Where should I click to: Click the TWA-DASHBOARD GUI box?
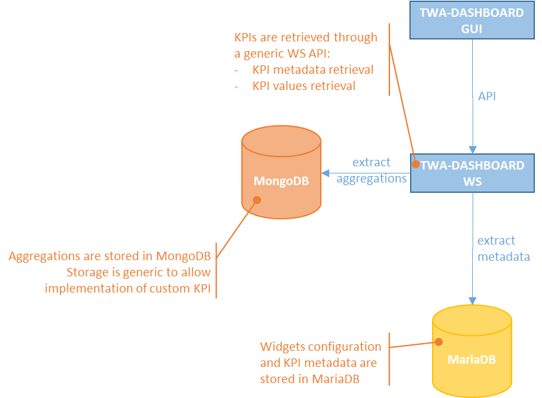(x=472, y=20)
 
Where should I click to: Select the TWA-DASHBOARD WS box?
(x=472, y=173)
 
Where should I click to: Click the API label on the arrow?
(x=487, y=96)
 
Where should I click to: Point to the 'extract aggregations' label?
(x=371, y=171)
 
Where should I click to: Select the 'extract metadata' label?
(x=503, y=249)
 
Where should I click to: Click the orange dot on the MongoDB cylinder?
(x=257, y=200)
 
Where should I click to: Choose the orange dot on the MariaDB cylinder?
(x=439, y=342)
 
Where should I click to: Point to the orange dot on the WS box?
(x=416, y=164)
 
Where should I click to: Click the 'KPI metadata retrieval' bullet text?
(x=313, y=69)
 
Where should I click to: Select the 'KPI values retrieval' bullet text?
(x=304, y=85)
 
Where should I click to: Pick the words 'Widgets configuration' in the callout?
(x=320, y=347)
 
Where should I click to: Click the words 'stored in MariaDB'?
(x=309, y=379)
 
